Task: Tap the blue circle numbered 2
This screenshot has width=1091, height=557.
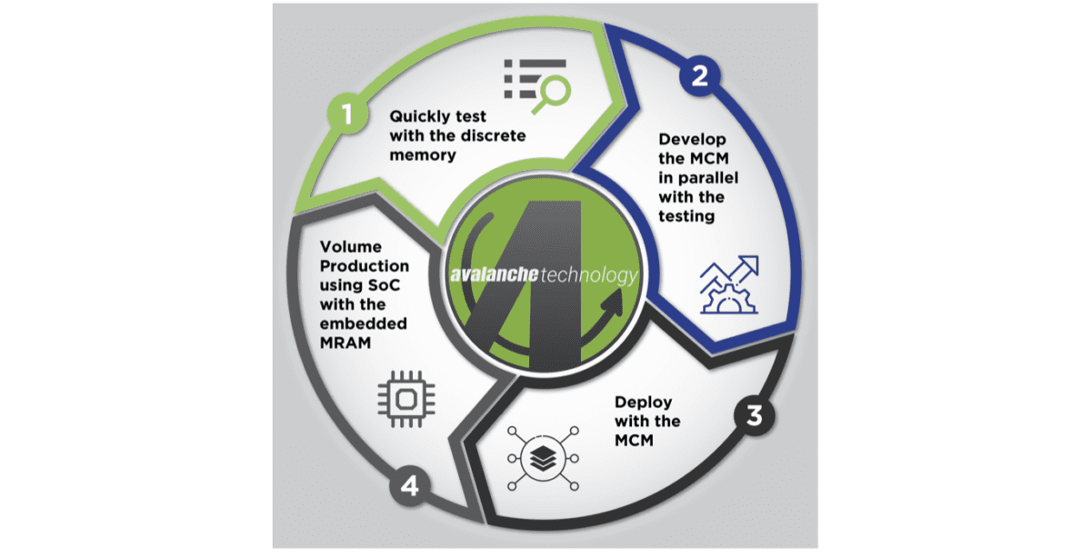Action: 699,76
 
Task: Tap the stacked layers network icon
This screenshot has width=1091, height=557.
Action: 532,460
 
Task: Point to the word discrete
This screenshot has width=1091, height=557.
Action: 496,135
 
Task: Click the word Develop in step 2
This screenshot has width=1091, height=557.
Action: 691,141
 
